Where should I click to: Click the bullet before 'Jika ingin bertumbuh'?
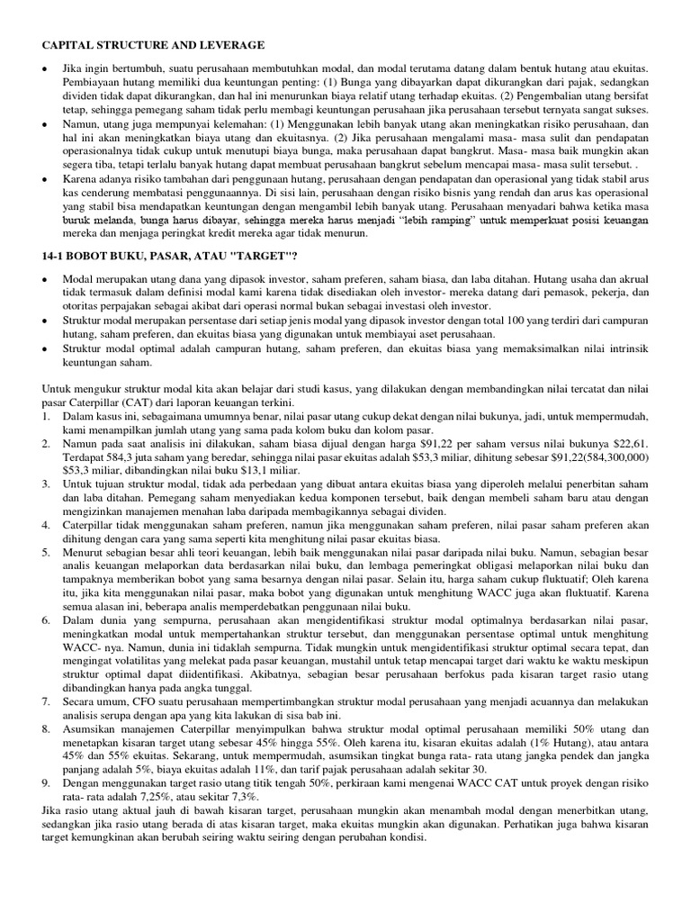45,69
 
